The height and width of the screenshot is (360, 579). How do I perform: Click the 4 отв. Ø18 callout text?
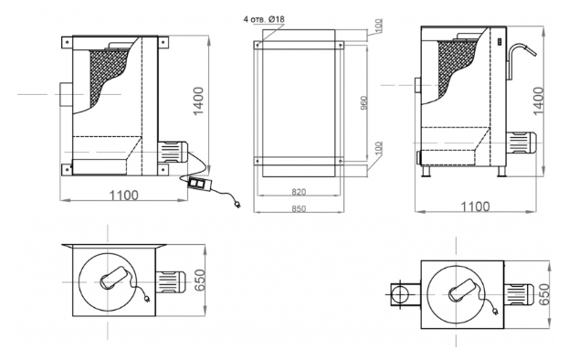264,19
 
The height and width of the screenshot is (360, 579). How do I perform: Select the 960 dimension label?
363,103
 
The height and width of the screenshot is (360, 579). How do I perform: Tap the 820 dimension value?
299,192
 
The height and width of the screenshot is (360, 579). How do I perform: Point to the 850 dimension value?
299,209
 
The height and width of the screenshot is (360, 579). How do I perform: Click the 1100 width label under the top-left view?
123,196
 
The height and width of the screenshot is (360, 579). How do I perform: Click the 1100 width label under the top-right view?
476,206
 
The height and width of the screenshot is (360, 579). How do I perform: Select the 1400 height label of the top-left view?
198,101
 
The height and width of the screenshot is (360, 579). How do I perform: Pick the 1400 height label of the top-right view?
539,101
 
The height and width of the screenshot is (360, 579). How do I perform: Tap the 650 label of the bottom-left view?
199,280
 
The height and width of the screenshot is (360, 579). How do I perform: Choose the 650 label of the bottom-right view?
544,294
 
